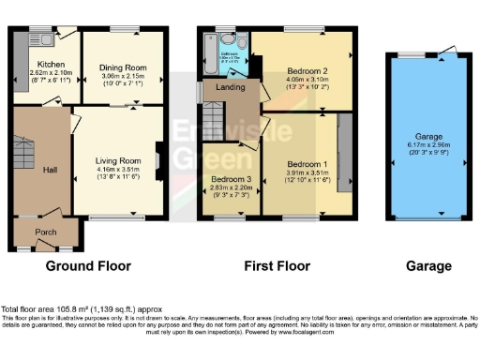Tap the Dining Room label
[122, 67]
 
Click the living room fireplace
[158, 159]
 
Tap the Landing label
[231, 87]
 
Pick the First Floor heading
[277, 266]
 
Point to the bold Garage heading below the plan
[428, 266]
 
